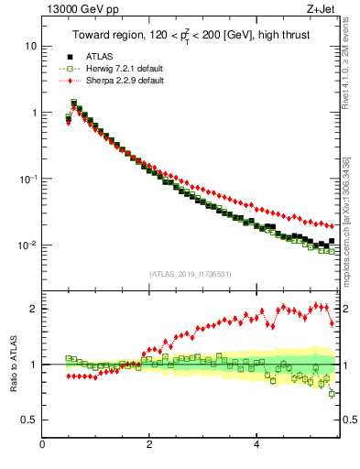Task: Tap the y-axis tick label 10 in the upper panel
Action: [30, 46]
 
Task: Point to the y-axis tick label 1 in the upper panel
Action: [33, 113]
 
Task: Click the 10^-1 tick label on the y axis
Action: [27, 179]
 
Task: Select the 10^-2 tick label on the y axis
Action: [27, 245]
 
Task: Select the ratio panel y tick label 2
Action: [33, 309]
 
